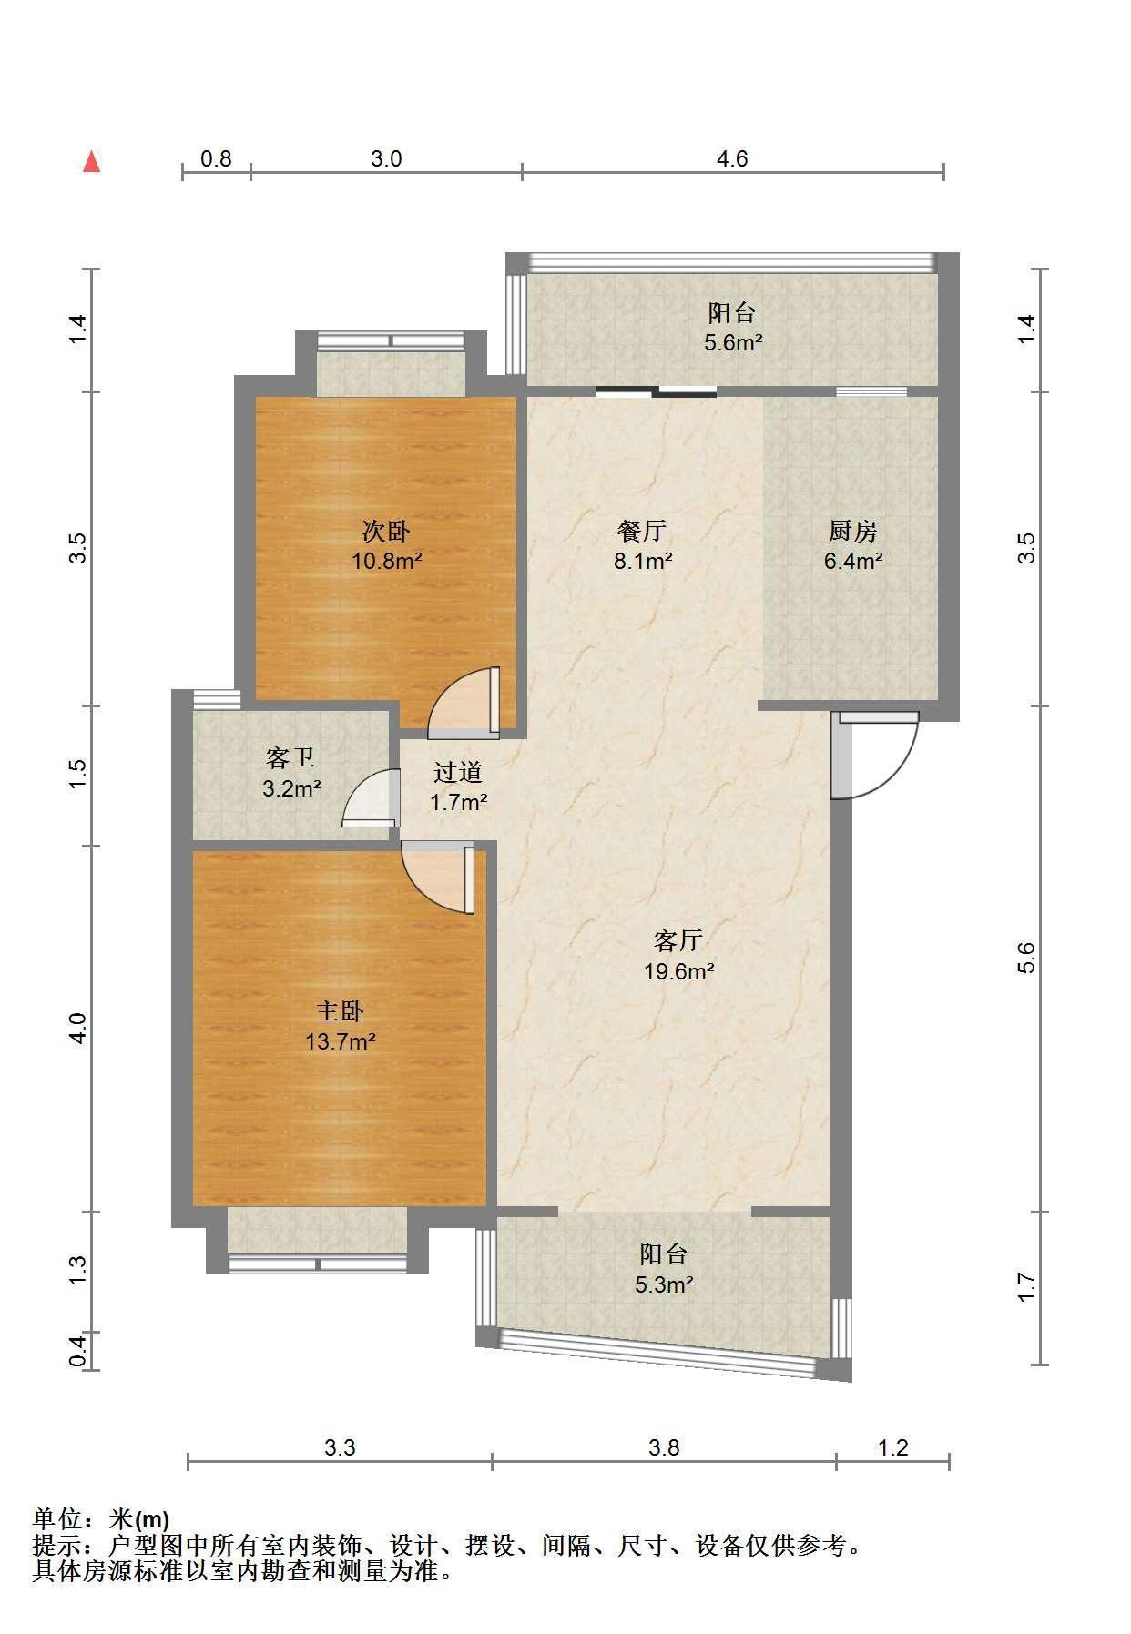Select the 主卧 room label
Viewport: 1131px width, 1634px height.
[x=341, y=1011]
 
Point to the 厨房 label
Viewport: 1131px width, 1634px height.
[x=853, y=531]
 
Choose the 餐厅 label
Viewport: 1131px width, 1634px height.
[x=642, y=531]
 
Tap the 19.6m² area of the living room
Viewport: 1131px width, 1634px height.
[x=679, y=971]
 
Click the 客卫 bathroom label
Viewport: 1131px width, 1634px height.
[x=291, y=757]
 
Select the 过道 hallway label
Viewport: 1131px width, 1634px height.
[x=458, y=773]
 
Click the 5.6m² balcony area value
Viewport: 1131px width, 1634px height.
[x=733, y=343]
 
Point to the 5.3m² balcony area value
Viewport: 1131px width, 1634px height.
[x=664, y=1285]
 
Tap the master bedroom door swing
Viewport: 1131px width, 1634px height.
[x=438, y=878]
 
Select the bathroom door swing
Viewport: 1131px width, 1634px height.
[x=372, y=798]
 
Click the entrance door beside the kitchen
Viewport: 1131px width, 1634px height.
[x=875, y=756]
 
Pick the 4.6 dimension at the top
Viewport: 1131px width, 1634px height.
[x=732, y=159]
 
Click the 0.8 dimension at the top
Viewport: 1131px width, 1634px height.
[x=216, y=159]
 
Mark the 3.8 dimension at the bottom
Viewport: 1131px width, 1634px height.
[x=665, y=1447]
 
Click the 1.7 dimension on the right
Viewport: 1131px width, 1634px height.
[x=1026, y=1287]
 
